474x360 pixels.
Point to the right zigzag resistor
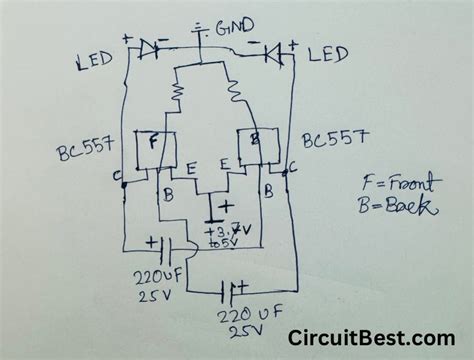click(x=236, y=96)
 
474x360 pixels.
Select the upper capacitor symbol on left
click(x=160, y=247)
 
